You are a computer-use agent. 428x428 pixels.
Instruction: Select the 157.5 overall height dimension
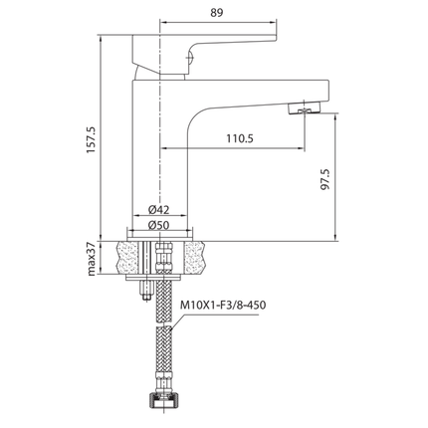(91, 139)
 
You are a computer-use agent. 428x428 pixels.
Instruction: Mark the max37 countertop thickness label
(91, 262)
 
